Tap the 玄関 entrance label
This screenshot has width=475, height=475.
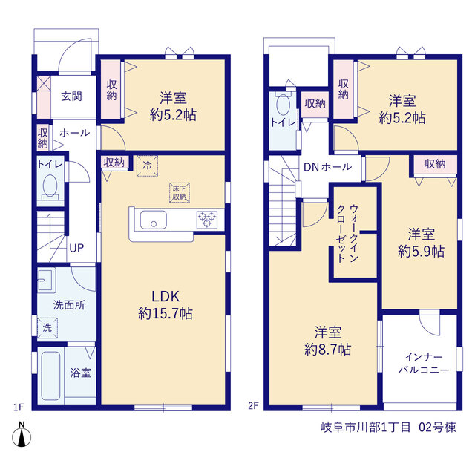[x=71, y=96]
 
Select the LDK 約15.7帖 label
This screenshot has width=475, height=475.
[x=166, y=305]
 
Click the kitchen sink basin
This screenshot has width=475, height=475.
[x=154, y=220]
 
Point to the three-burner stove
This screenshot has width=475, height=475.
[x=207, y=220]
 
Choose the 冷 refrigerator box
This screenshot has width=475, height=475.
[x=147, y=166]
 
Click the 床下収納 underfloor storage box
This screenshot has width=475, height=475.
[x=180, y=193]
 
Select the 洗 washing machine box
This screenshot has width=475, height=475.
[x=47, y=327]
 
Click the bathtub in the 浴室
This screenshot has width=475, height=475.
[x=50, y=376]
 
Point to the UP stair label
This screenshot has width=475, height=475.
[x=76, y=248]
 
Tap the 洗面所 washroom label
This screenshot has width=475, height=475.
[x=69, y=305]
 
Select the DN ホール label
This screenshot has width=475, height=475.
[x=327, y=167]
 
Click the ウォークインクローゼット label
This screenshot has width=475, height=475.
[x=347, y=234]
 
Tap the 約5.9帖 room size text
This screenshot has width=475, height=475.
[x=421, y=251]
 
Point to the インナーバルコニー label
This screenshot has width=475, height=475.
[x=424, y=364]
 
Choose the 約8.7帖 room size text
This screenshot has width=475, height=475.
[x=328, y=350]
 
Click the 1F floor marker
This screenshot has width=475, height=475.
[x=19, y=407]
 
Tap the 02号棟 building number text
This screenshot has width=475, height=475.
[x=437, y=427]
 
